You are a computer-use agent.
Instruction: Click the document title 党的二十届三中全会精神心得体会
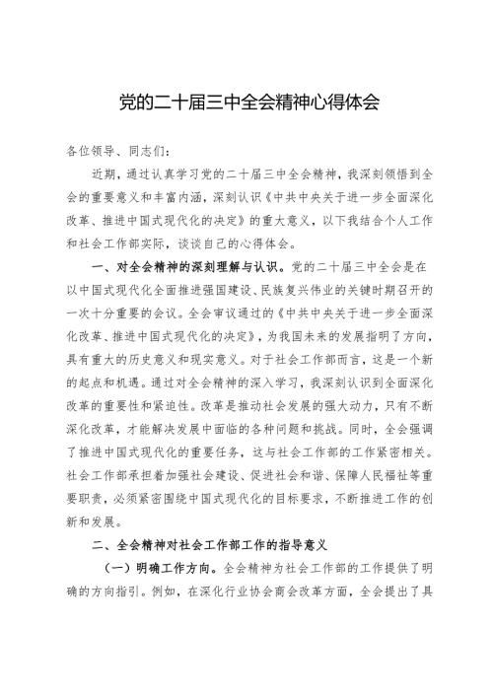click(x=246, y=101)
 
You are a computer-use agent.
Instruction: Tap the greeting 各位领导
click(x=88, y=151)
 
